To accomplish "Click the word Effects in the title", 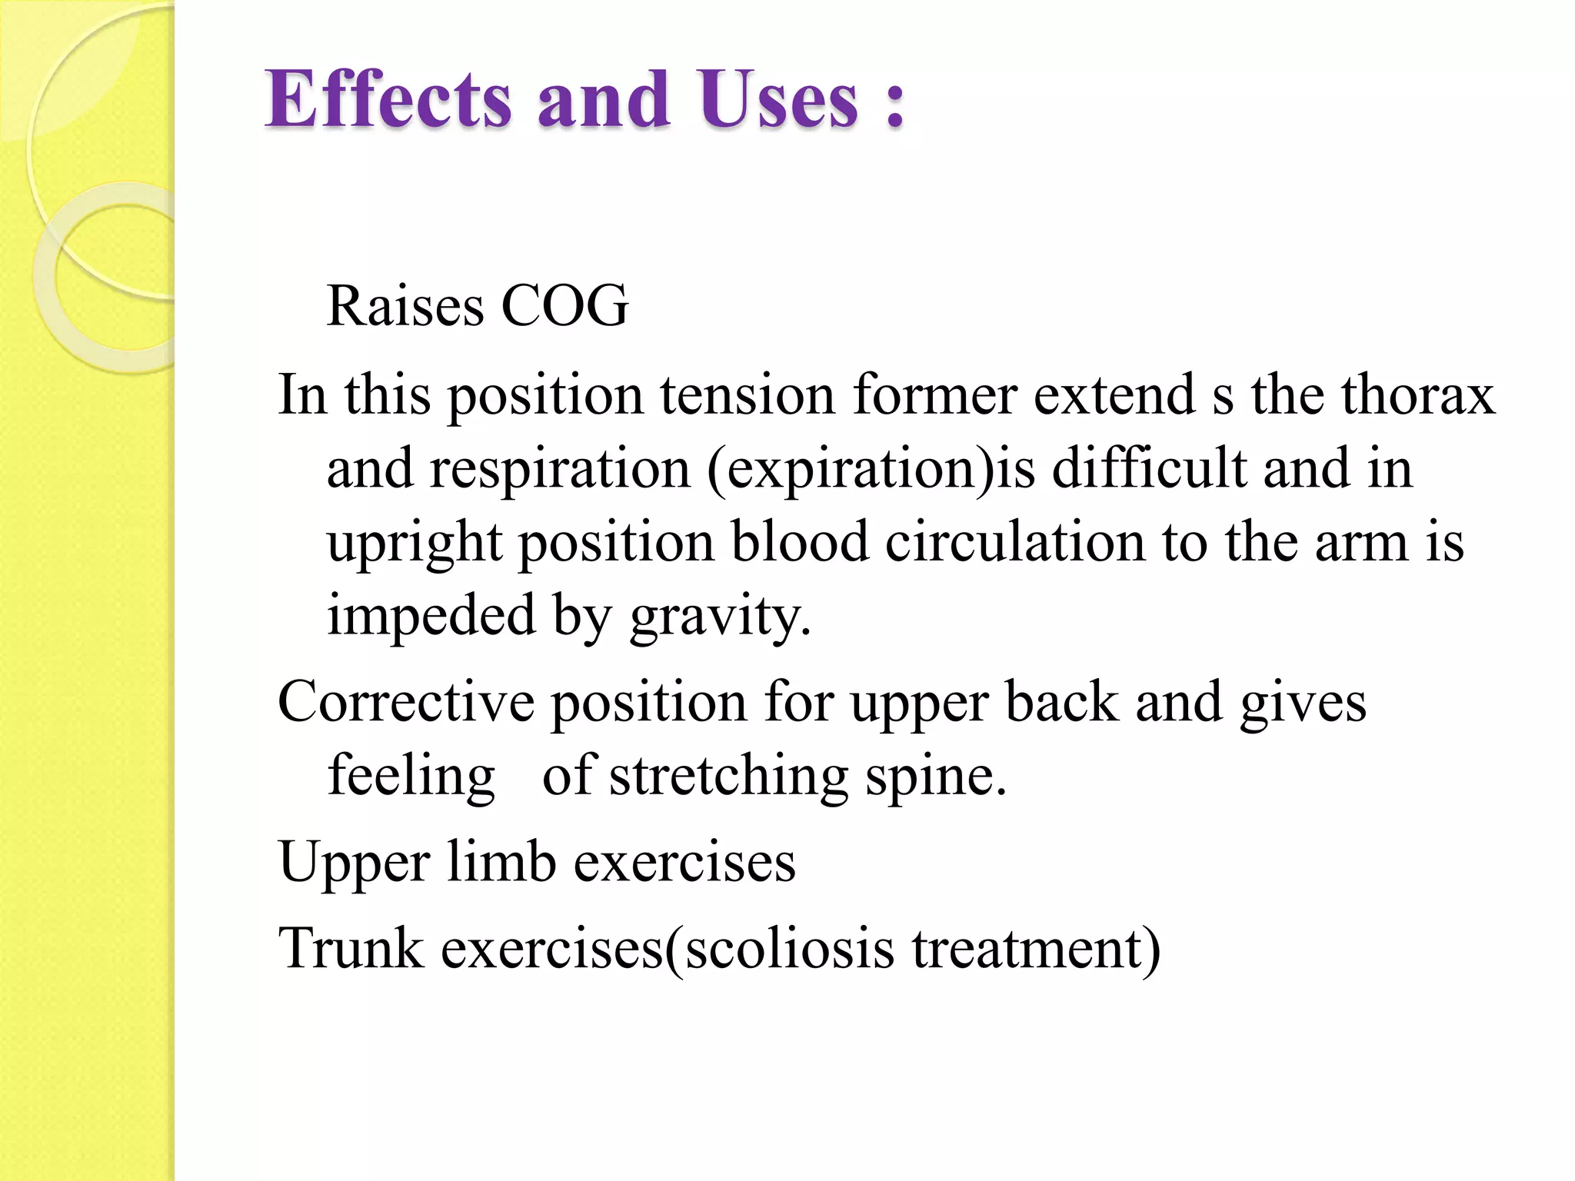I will (388, 100).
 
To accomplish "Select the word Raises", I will (405, 306).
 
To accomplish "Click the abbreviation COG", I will (564, 306).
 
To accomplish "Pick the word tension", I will (747, 395).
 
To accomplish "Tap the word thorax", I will (1418, 395).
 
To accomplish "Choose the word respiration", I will (559, 469).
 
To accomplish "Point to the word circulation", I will (1014, 543).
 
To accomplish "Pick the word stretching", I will (728, 777).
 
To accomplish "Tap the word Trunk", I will (351, 947).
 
